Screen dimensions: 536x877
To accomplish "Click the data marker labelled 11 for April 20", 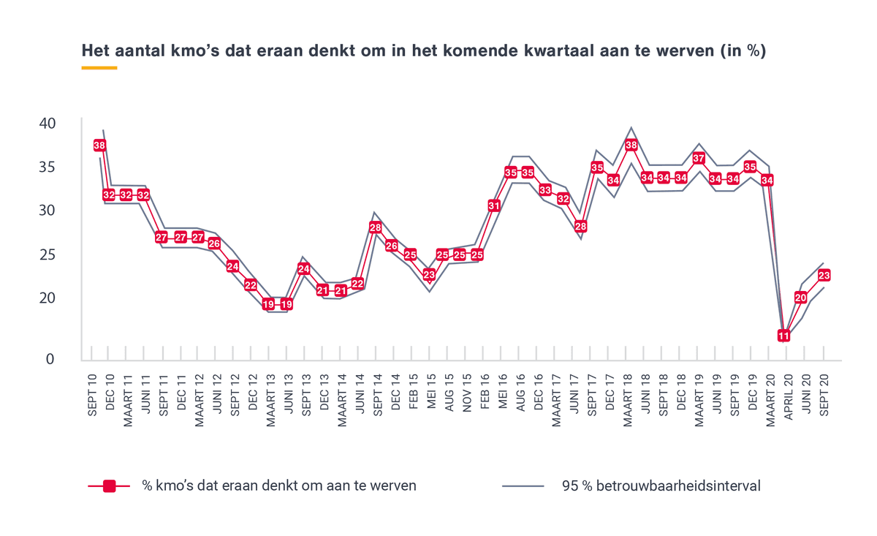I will pyautogui.click(x=783, y=336).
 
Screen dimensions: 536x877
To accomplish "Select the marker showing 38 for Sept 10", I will pyautogui.click(x=100, y=146).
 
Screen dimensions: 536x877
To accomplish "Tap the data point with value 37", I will pyautogui.click(x=699, y=159).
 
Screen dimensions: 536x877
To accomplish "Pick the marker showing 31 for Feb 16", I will pyautogui.click(x=494, y=206).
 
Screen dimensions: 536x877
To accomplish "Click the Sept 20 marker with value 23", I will pyautogui.click(x=824, y=276).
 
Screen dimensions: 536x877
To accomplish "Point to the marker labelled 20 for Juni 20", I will pyautogui.click(x=801, y=298).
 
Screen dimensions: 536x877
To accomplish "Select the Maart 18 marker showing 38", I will pyautogui.click(x=631, y=146).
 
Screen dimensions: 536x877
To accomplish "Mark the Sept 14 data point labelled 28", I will pyautogui.click(x=376, y=227).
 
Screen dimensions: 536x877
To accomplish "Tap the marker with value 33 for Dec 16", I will pyautogui.click(x=545, y=190).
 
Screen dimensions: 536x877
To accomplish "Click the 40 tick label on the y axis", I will pyautogui.click(x=47, y=123).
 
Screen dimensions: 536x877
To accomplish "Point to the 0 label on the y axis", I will pyautogui.click(x=50, y=359).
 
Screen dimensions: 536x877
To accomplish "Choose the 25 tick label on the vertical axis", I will pyautogui.click(x=47, y=254).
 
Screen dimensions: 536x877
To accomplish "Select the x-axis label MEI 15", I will pyautogui.click(x=430, y=392).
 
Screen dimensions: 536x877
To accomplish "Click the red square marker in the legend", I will pyautogui.click(x=109, y=486).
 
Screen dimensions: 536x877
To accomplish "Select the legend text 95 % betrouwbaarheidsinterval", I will pyautogui.click(x=661, y=486).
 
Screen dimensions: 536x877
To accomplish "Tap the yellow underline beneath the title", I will pyautogui.click(x=99, y=68).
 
